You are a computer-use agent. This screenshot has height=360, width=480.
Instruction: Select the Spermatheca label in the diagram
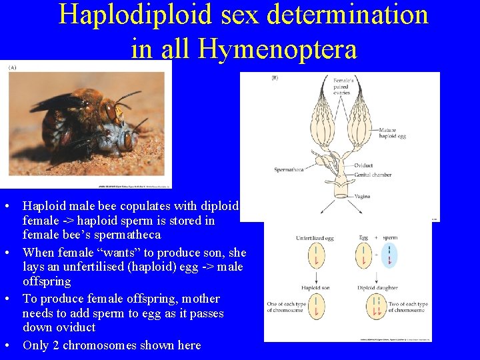coord(289,170)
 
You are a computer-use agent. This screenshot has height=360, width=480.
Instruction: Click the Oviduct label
coord(364,165)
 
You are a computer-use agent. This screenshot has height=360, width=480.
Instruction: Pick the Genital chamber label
coord(372,175)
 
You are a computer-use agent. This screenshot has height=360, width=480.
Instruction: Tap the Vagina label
coord(363,197)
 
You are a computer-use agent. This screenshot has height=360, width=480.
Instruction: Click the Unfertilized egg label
coord(315,238)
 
